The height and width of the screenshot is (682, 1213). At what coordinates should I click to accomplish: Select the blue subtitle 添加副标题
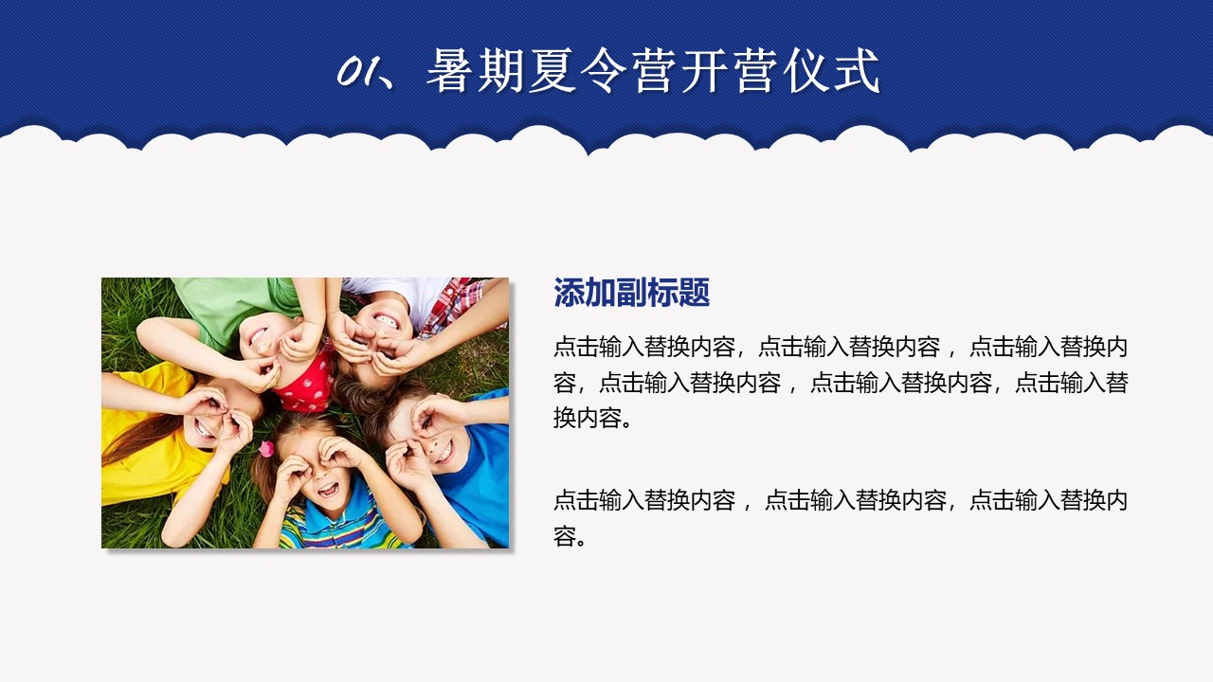(631, 294)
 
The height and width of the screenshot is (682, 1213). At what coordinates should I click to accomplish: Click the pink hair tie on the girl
(266, 449)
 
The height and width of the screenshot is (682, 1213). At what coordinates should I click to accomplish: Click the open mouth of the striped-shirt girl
(327, 490)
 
